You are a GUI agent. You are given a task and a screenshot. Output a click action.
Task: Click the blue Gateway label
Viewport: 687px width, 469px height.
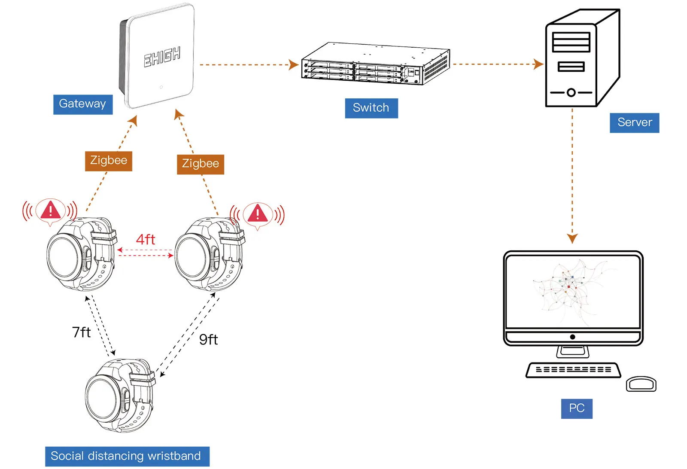point(83,104)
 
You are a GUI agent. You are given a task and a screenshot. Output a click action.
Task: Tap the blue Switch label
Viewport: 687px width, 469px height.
point(371,108)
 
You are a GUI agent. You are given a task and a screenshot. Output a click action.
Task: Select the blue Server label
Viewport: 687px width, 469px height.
point(634,123)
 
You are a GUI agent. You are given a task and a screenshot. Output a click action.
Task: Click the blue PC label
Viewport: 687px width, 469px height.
point(577,408)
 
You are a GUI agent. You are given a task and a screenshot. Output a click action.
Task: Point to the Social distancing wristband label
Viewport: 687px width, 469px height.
point(127,456)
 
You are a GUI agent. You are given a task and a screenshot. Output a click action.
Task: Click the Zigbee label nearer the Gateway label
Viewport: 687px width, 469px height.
point(109,161)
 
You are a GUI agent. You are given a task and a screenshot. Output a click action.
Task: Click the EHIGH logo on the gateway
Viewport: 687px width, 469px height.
point(162,57)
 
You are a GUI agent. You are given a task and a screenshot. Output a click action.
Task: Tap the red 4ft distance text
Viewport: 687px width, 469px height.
point(146,240)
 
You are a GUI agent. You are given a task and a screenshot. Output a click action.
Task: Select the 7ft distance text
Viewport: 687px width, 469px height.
point(81,332)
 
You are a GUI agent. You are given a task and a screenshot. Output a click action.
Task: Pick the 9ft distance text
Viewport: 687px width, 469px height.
point(209,340)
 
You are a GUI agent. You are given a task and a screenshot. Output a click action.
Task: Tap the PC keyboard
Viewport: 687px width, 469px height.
point(573,370)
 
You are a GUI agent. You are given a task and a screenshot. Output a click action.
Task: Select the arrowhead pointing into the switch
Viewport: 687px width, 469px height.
point(294,65)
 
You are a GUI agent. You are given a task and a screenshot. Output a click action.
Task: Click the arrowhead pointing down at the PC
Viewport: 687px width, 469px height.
point(572,238)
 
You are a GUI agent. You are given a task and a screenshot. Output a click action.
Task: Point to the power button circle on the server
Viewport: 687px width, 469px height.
point(571,92)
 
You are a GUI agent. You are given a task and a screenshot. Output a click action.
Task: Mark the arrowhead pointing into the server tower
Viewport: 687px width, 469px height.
point(538,64)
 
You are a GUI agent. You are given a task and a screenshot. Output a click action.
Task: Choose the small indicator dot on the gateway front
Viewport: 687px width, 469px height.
point(161,87)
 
